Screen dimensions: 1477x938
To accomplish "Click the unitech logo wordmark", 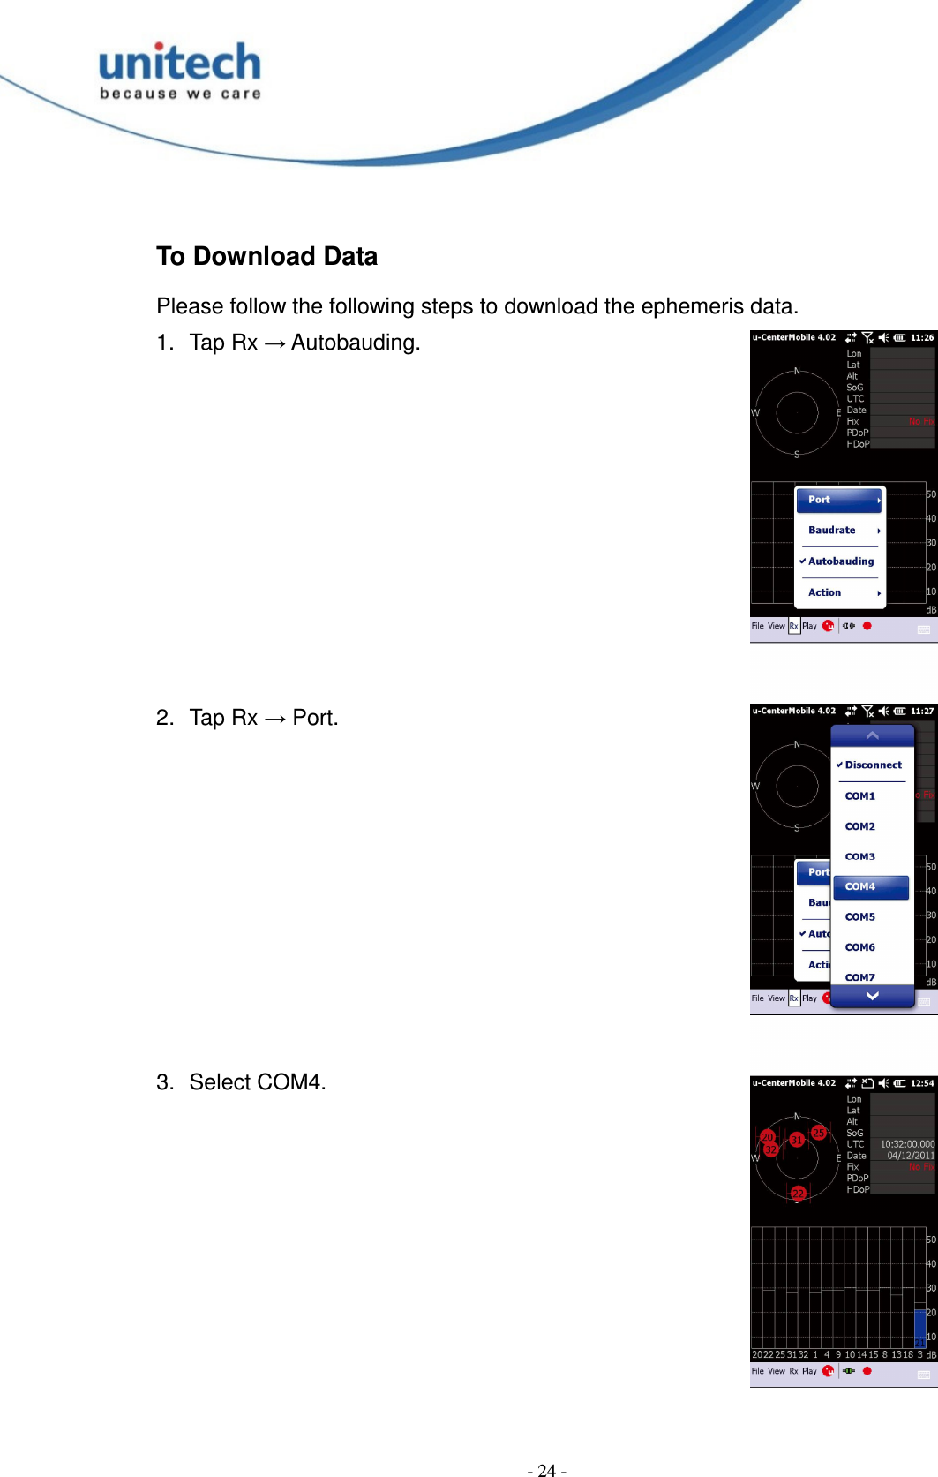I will point(180,64).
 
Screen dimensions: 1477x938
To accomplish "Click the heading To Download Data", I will point(266,256).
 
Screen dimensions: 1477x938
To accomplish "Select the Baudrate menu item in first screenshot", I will point(832,531).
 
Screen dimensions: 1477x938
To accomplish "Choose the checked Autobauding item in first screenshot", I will point(840,561).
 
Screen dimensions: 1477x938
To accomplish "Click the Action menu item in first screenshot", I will point(825,592).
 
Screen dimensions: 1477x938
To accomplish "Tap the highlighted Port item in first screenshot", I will point(839,500).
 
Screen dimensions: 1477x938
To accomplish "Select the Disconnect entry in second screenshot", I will point(873,765).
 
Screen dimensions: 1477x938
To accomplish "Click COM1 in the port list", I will point(860,796).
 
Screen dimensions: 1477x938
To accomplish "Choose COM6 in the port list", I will point(860,947).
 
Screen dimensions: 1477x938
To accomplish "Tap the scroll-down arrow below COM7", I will point(872,996).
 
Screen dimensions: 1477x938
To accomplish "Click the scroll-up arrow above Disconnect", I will point(872,735).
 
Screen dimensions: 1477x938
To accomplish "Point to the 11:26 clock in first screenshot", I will point(922,337).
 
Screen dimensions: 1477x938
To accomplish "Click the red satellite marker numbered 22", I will point(798,1193).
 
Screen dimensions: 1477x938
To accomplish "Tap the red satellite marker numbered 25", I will point(818,1133).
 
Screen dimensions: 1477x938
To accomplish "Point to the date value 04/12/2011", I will point(910,1156).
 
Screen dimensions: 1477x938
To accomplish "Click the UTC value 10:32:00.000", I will point(906,1144).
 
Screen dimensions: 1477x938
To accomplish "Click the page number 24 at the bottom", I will point(546,1470).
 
